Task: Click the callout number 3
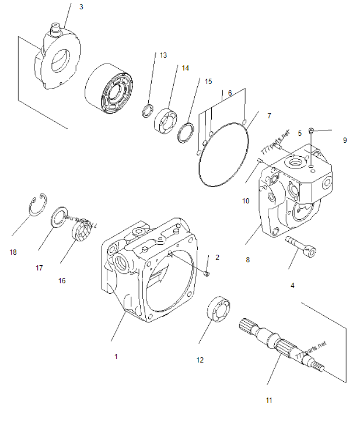click(81, 7)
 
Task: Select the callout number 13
click(163, 55)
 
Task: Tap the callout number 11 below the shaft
click(268, 400)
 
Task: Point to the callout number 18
click(13, 252)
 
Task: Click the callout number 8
click(247, 260)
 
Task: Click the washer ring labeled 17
click(60, 217)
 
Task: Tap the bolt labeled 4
click(301, 247)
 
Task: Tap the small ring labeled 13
click(149, 110)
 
